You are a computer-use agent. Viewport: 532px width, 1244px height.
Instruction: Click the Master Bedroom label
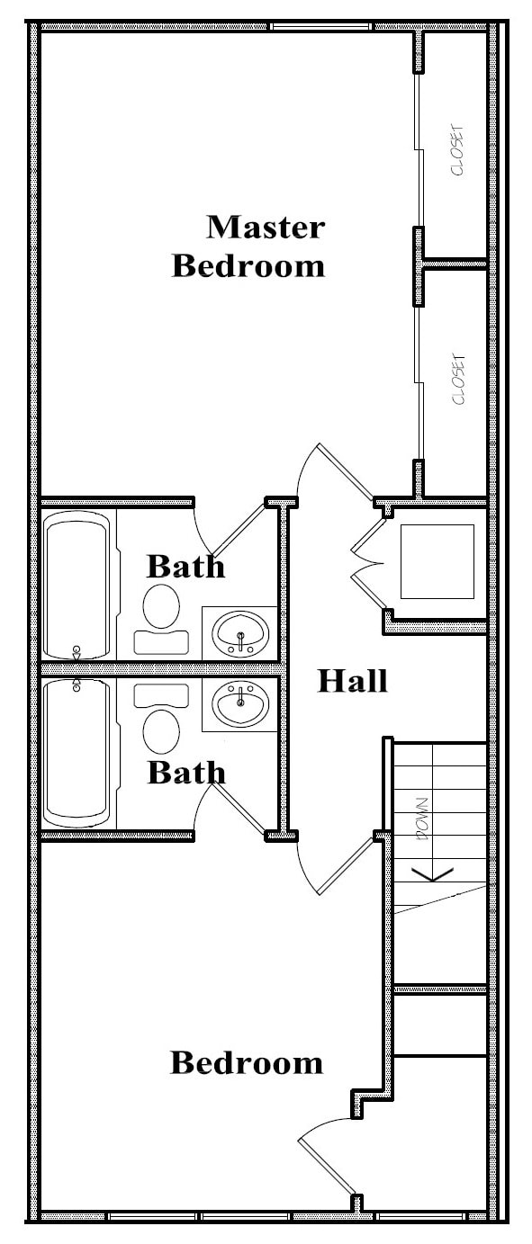[248, 246]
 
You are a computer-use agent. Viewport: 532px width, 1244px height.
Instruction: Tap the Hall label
[353, 681]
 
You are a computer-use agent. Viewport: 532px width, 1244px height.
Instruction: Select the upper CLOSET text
[457, 150]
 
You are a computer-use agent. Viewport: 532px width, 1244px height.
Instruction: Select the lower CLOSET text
[458, 380]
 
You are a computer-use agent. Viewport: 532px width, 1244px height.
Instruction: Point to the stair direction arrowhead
[432, 874]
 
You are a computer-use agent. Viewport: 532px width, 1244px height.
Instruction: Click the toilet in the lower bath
[161, 719]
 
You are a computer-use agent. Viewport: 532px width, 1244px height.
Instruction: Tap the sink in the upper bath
[240, 634]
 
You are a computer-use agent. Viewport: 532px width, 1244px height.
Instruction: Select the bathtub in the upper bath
[77, 585]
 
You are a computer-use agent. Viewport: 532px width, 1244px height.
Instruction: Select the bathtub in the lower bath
[77, 753]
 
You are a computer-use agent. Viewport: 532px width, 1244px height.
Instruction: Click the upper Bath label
[185, 567]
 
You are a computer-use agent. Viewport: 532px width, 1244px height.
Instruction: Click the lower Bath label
[186, 773]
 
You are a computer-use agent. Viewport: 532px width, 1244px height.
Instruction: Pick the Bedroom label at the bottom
[247, 1062]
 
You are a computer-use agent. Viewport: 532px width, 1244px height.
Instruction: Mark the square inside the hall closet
[437, 561]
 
